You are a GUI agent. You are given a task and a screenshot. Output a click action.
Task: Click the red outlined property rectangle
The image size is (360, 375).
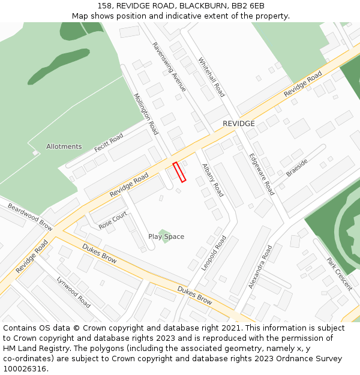click(179, 172)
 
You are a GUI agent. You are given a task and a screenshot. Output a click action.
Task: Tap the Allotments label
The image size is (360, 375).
click(64, 146)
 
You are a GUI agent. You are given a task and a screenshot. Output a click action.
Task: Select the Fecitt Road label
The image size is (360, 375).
click(109, 142)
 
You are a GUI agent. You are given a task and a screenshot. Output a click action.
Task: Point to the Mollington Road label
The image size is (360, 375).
click(146, 113)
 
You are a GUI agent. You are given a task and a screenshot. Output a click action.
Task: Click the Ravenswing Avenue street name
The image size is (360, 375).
click(169, 66)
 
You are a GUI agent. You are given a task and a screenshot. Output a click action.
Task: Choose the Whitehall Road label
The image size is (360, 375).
click(211, 77)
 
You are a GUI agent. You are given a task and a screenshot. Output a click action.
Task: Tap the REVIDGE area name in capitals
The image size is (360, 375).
click(239, 124)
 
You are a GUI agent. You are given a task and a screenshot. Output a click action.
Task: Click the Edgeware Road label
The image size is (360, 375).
click(262, 174)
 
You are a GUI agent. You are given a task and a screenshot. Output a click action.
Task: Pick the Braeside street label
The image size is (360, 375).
click(296, 167)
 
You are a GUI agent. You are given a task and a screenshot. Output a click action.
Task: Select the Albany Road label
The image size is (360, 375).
click(212, 180)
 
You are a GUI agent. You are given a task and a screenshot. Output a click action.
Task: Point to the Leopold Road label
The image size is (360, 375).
click(214, 253)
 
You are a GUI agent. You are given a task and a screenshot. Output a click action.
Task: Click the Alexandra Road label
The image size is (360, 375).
click(260, 266)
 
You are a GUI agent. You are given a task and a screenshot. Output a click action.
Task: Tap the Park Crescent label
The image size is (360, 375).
click(339, 274)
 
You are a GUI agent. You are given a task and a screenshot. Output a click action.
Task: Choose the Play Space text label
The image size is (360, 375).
click(166, 236)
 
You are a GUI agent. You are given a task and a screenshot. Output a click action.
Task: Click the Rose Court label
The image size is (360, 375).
click(113, 220)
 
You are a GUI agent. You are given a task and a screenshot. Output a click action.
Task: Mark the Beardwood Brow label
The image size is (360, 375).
click(29, 216)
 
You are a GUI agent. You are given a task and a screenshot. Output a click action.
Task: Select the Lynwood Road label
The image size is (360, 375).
click(73, 292)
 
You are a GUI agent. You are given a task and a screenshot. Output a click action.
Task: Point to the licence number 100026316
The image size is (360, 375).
click(25, 369)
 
